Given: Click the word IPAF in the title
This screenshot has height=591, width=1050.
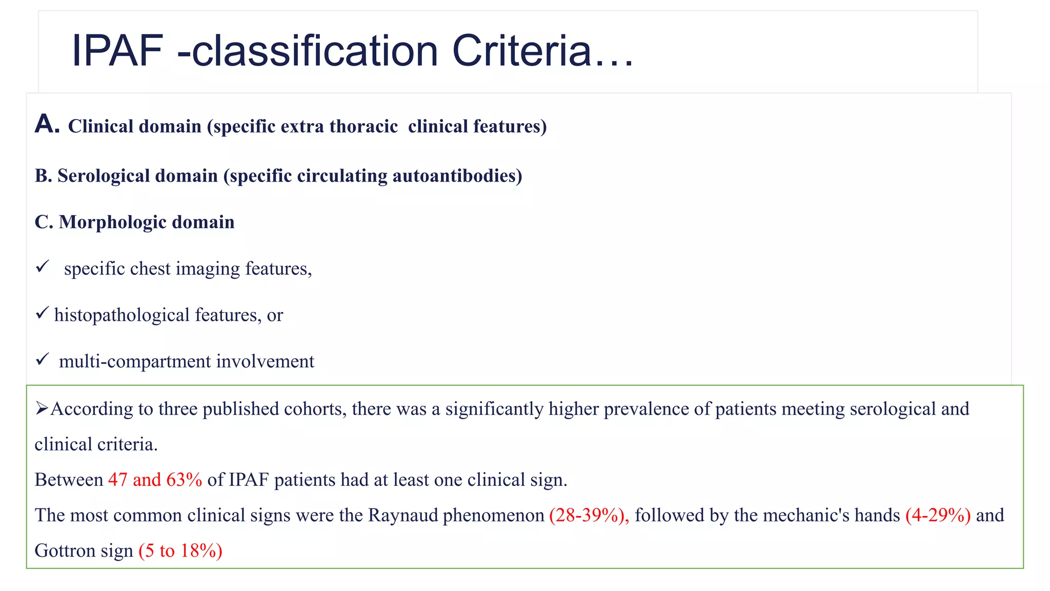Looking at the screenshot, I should pyautogui.click(x=117, y=51).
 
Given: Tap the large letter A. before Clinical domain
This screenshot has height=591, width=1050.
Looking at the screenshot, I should pyautogui.click(x=47, y=124).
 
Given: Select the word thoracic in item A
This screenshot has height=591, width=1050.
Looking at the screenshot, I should pyautogui.click(x=364, y=126).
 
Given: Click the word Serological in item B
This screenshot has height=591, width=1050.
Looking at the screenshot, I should pyautogui.click(x=137, y=176).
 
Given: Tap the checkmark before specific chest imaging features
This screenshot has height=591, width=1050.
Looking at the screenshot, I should pyautogui.click(x=43, y=266).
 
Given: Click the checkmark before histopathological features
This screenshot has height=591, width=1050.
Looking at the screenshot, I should pyautogui.click(x=42, y=312).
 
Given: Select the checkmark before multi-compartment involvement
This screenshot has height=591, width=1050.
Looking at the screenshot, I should pyautogui.click(x=43, y=359).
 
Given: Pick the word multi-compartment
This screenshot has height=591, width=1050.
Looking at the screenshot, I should pyautogui.click(x=135, y=362).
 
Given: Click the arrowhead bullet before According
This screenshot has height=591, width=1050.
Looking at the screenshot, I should pyautogui.click(x=42, y=408).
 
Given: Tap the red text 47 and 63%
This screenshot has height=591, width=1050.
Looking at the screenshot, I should pyautogui.click(x=155, y=480).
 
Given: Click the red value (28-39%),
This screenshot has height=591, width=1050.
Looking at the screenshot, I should pyautogui.click(x=589, y=515).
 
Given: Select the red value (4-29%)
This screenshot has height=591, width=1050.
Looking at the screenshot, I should pyautogui.click(x=938, y=515).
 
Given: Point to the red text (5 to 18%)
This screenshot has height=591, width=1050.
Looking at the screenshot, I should pyautogui.click(x=180, y=550).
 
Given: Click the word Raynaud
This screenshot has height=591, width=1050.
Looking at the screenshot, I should pyautogui.click(x=402, y=515).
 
